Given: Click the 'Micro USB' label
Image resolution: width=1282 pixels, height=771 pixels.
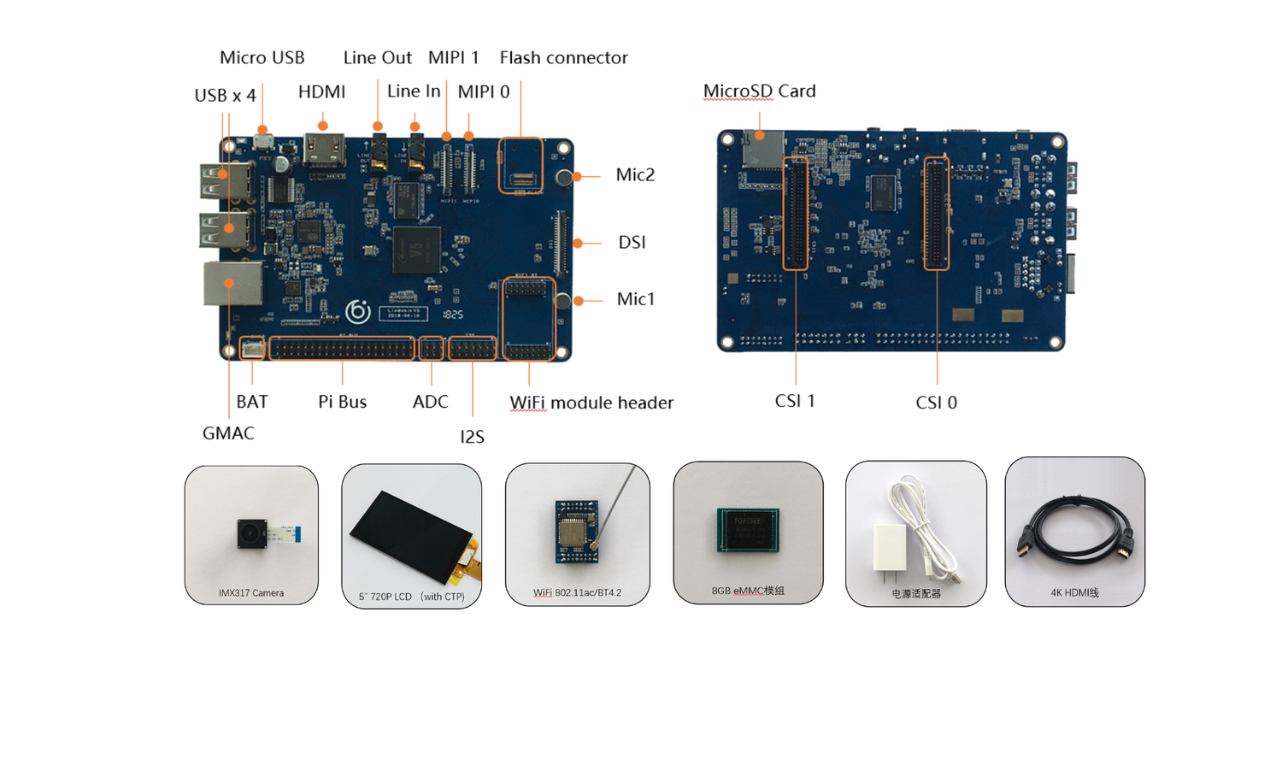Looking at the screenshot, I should [x=262, y=57].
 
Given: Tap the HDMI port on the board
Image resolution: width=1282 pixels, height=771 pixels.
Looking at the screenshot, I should [x=324, y=152].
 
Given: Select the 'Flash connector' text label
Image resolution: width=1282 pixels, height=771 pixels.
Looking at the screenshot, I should [x=563, y=57].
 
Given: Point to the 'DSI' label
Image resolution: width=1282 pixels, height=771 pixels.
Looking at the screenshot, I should [x=632, y=242].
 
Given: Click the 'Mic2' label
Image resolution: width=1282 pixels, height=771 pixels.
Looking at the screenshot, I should [x=635, y=174].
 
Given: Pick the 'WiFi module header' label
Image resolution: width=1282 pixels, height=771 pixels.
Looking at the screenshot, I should [x=591, y=402].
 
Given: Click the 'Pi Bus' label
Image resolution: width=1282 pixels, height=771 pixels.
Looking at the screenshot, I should [x=342, y=401].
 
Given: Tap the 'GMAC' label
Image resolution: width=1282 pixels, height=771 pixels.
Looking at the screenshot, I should [x=228, y=433].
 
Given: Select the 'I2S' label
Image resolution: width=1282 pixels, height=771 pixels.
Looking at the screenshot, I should [x=472, y=436].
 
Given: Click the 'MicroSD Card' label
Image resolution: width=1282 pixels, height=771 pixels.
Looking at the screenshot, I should [x=759, y=91].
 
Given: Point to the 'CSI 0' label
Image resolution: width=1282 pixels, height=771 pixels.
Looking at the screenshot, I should [x=936, y=402].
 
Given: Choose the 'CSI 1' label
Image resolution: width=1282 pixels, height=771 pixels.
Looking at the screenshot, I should [x=795, y=400].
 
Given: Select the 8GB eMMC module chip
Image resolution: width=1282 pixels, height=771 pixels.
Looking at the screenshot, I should [x=749, y=529].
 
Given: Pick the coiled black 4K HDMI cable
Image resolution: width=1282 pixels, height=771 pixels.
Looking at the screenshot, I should [x=1073, y=532].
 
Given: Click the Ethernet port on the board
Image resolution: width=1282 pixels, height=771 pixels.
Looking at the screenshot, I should [x=231, y=283].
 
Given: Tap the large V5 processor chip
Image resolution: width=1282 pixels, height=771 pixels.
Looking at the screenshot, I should [x=416, y=250].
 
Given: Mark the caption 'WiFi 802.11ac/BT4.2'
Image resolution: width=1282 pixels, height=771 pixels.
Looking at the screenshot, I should [x=577, y=592].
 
